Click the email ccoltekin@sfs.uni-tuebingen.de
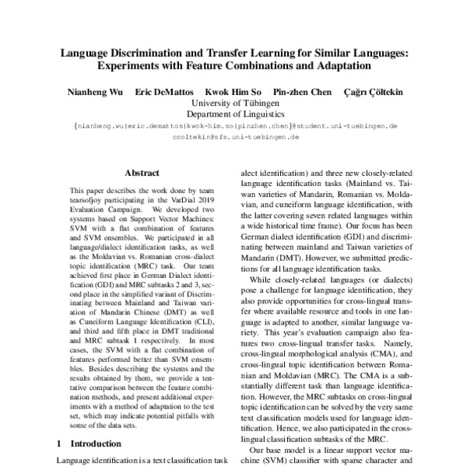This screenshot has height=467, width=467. pyautogui.click(x=233, y=136)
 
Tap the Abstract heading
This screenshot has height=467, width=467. pyautogui.click(x=141, y=175)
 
